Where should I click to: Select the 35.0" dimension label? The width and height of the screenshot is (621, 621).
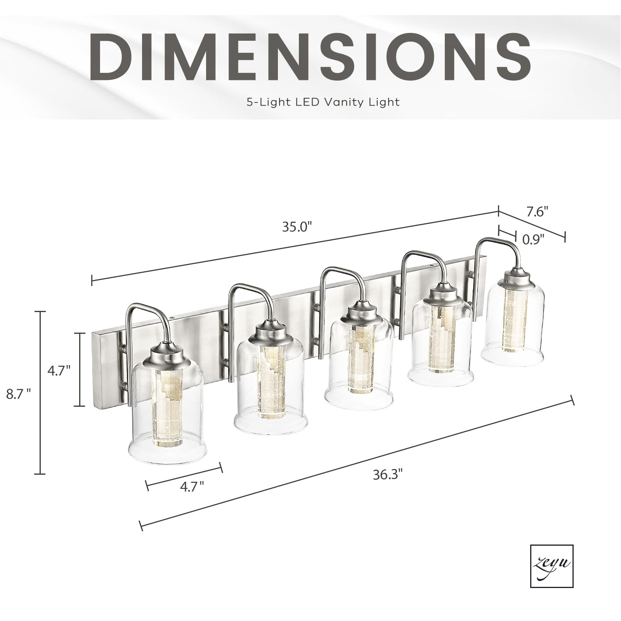pos(297,227)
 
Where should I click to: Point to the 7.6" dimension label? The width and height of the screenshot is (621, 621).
pos(538,212)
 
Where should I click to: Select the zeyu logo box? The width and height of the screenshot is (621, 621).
pos(552,566)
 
